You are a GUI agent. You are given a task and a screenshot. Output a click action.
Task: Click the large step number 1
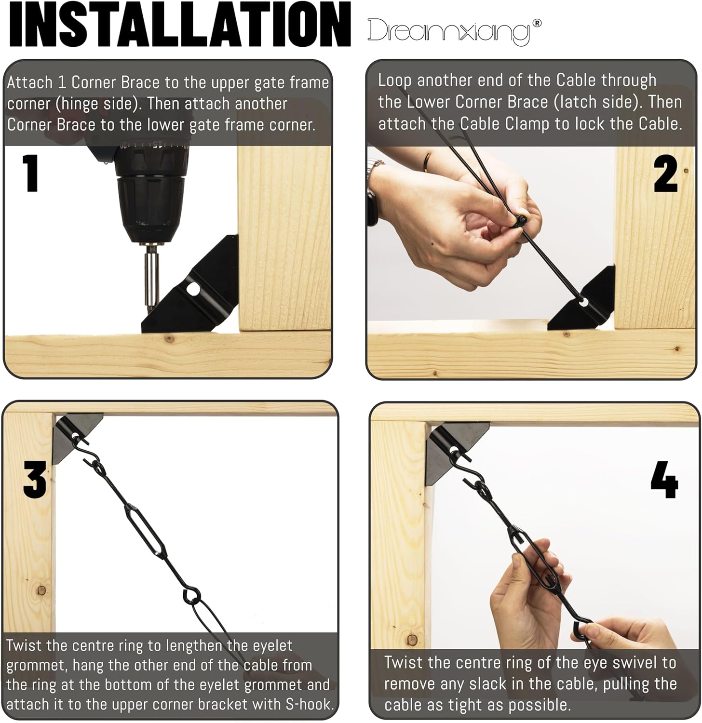(x=31, y=173)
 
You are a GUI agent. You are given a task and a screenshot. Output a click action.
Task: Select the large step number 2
(x=666, y=174)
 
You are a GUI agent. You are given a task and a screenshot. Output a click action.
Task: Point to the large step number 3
(x=35, y=479)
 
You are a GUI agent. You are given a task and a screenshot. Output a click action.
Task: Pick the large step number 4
(x=664, y=481)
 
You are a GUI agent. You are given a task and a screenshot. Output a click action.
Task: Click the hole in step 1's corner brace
(x=194, y=288)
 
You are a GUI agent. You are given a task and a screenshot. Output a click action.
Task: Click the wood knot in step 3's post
(x=41, y=589)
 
